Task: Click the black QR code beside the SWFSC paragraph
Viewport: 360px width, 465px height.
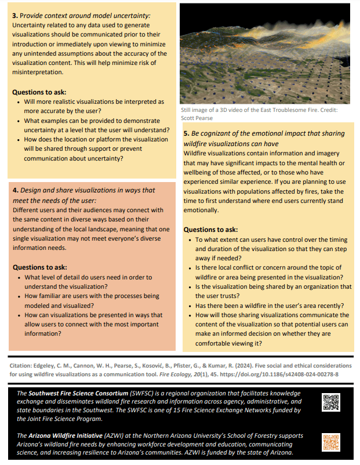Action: (330, 402)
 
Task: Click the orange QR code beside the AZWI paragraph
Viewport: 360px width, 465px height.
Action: (330, 442)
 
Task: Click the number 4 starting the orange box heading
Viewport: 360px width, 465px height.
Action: (14, 190)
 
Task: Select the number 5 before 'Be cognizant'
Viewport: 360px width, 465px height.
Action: (186, 134)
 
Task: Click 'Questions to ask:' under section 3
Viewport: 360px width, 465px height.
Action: (39, 92)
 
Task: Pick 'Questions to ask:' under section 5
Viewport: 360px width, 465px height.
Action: (210, 230)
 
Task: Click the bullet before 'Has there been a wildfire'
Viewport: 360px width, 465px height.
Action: (190, 306)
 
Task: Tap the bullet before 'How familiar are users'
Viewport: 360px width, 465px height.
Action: (19, 297)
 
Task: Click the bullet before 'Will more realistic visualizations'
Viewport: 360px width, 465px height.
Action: (19, 101)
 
